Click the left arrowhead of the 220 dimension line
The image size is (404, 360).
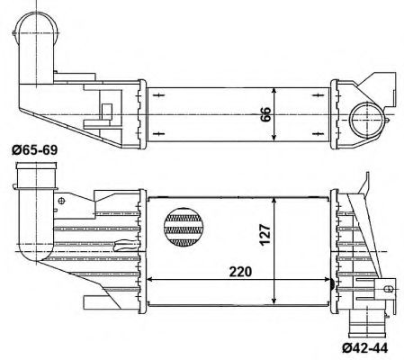point(148,279)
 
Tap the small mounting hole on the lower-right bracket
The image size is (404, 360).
point(388,291)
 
